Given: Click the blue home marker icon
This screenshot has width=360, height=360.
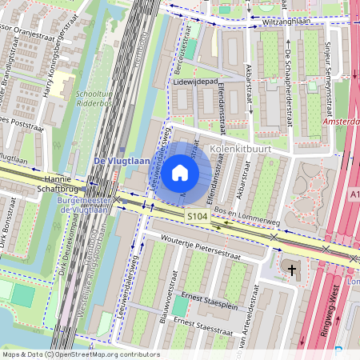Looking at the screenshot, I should pos(180,173).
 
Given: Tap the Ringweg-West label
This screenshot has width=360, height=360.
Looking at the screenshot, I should pos(328,312).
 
